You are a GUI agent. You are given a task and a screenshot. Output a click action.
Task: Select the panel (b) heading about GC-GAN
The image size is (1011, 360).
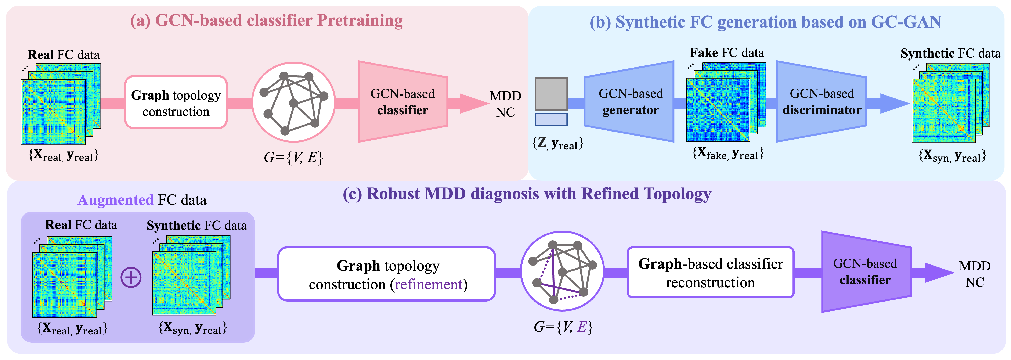(765, 22)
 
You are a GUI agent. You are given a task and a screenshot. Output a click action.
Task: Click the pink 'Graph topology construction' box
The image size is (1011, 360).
(176, 102)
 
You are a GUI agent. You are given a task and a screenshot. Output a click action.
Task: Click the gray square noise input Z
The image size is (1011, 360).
(551, 93)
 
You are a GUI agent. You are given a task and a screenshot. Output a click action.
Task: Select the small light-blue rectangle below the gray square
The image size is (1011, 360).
(551, 119)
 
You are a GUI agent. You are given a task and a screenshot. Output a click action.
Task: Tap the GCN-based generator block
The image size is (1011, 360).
(629, 102)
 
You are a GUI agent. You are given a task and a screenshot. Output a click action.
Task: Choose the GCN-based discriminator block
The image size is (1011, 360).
(822, 102)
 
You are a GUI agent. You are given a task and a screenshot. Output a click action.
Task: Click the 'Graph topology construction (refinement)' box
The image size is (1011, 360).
(387, 274)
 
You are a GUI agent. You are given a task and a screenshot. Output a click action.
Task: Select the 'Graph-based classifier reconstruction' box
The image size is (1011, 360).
(710, 273)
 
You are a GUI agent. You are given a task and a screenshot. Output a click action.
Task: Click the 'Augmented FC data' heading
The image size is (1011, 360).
(142, 200)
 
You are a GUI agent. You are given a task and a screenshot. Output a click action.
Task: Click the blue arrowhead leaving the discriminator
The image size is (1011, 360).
(894, 104)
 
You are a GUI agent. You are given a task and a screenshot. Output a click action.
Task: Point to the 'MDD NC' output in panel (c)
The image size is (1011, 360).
(975, 274)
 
